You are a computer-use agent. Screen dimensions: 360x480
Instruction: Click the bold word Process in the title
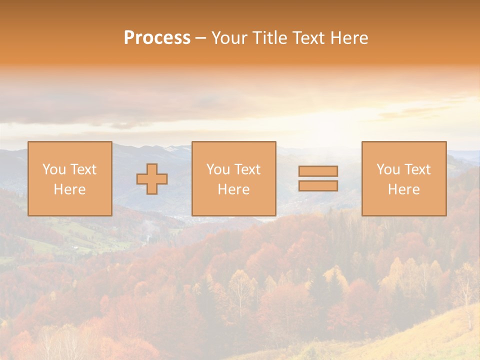click(157, 38)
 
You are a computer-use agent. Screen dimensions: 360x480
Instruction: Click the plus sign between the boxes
click(152, 178)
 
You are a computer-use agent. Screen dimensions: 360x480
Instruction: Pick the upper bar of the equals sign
click(318, 171)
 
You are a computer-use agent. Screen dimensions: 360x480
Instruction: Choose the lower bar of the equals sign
click(318, 185)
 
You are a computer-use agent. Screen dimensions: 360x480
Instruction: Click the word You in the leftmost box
click(54, 169)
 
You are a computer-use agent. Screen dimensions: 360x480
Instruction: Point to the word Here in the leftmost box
click(70, 189)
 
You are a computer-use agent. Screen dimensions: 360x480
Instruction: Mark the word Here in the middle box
click(234, 189)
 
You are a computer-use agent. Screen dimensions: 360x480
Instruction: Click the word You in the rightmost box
click(388, 169)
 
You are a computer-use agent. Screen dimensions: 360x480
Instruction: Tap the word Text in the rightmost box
click(417, 169)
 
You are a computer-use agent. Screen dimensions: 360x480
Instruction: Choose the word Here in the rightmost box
click(404, 189)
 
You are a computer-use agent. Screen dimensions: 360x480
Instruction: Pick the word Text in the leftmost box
click(83, 169)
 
